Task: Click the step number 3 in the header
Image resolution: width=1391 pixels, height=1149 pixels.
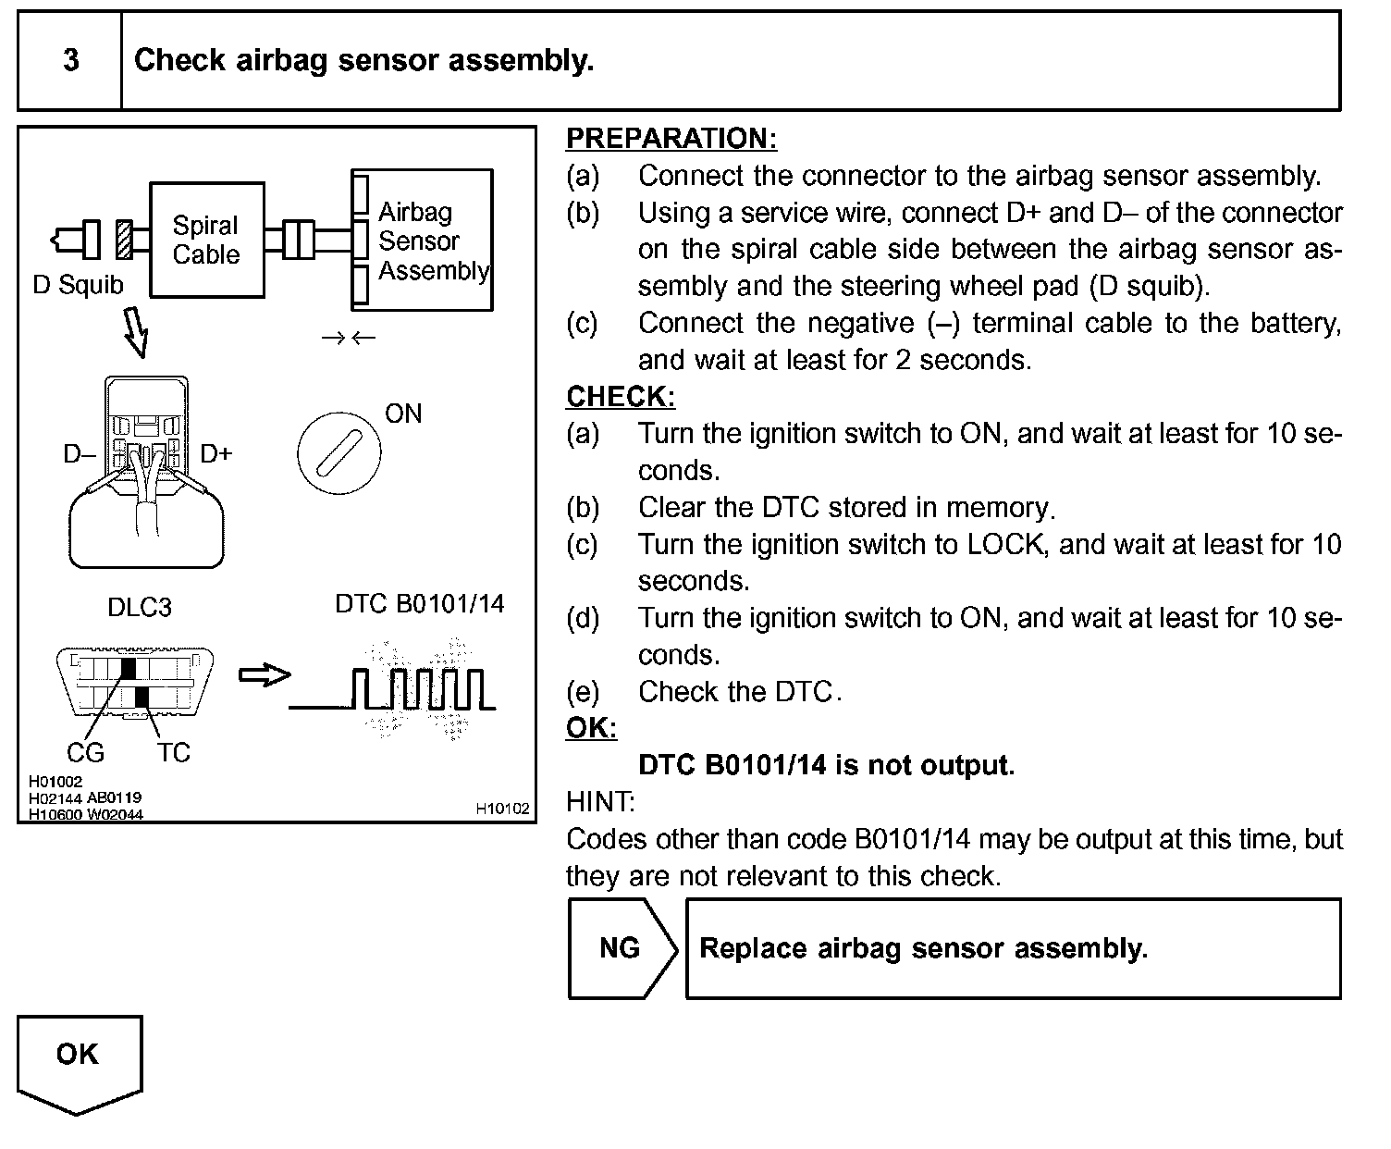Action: click(x=70, y=61)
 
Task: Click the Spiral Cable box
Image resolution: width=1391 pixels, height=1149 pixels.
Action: click(x=206, y=240)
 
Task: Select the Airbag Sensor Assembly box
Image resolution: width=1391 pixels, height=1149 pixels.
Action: click(x=423, y=241)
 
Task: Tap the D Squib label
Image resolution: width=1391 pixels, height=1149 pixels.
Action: click(x=78, y=285)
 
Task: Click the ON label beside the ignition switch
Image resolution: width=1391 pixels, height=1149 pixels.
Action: click(x=403, y=414)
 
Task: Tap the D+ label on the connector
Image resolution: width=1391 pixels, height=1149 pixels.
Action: click(x=216, y=453)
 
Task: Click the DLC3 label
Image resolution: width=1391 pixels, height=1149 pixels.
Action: click(x=140, y=608)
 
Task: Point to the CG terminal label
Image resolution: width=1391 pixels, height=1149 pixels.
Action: click(x=85, y=753)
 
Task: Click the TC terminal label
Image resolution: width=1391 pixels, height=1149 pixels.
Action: click(x=173, y=753)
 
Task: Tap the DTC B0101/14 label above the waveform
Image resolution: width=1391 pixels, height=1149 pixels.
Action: click(x=420, y=604)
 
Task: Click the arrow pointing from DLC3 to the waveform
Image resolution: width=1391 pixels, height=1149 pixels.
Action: click(x=265, y=675)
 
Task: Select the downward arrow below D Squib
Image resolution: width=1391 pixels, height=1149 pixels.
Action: click(x=136, y=332)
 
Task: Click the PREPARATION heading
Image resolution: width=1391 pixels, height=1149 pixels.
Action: click(x=671, y=139)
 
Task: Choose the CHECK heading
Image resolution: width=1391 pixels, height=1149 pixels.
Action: click(x=621, y=397)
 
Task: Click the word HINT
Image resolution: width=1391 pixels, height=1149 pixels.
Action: click(x=600, y=802)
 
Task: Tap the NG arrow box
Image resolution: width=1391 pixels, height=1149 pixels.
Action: click(x=622, y=948)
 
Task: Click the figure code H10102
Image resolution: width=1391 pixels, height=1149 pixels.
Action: click(x=502, y=809)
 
